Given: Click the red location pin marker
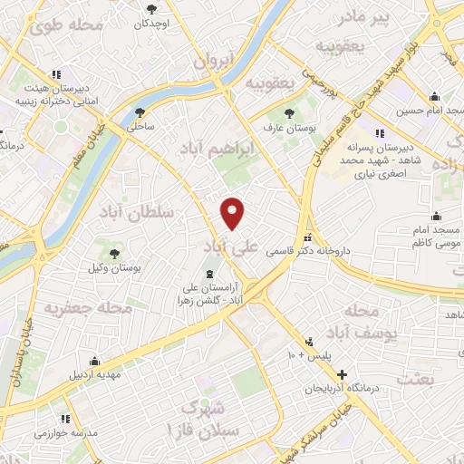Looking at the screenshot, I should click(234, 212).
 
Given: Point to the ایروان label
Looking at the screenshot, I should click(212, 61).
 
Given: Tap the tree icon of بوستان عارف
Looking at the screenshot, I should click(289, 113).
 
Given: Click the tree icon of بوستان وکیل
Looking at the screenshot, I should click(113, 255).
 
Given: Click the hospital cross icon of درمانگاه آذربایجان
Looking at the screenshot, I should click(341, 374).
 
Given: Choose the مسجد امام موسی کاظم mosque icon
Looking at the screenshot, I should click(437, 216).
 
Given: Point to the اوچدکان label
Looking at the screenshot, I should click(151, 24).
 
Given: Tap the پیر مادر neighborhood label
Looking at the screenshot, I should click(395, 17).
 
